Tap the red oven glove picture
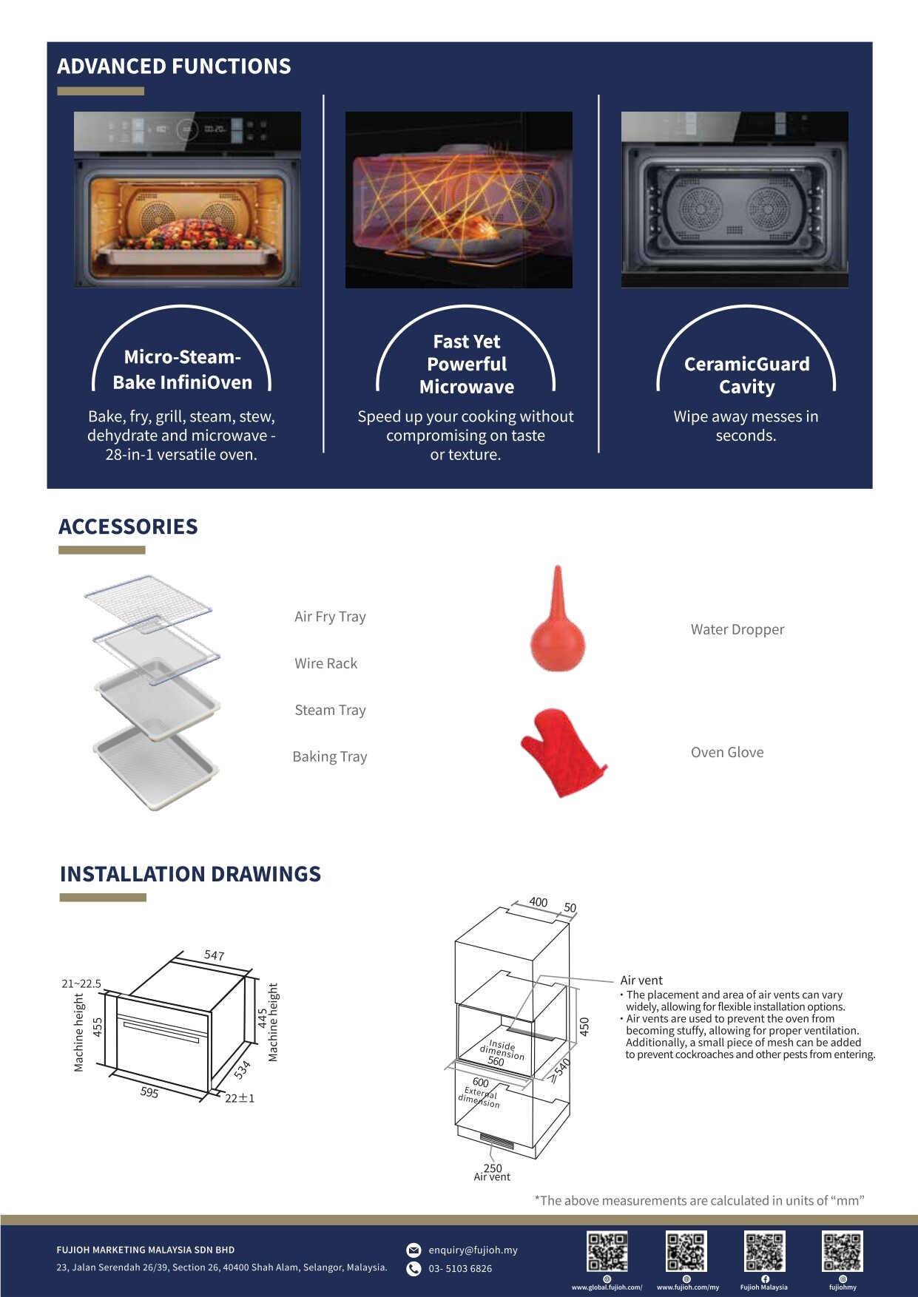pyautogui.click(x=562, y=753)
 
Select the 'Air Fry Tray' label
pyautogui.click(x=330, y=617)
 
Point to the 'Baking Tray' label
pyautogui.click(x=330, y=756)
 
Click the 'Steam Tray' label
pyautogui.click(x=330, y=710)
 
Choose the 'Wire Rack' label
pyautogui.click(x=325, y=663)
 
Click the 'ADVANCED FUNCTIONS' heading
pyautogui.click(x=174, y=67)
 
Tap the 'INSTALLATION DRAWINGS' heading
pyautogui.click(x=190, y=874)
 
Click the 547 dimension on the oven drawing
pyautogui.click(x=214, y=955)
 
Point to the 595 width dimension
pyautogui.click(x=149, y=1092)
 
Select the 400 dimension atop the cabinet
pyautogui.click(x=539, y=902)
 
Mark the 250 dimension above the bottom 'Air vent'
pyautogui.click(x=493, y=1168)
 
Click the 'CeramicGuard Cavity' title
pyautogui.click(x=746, y=376)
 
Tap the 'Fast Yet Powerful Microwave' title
pyautogui.click(x=467, y=365)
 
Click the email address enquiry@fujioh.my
pyautogui.click(x=473, y=1250)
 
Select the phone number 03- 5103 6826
pyautogui.click(x=460, y=1268)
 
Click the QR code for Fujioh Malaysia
pyautogui.click(x=764, y=1251)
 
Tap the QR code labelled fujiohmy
pyautogui.click(x=843, y=1251)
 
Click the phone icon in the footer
pyautogui.click(x=414, y=1269)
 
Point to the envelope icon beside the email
pyautogui.click(x=414, y=1250)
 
